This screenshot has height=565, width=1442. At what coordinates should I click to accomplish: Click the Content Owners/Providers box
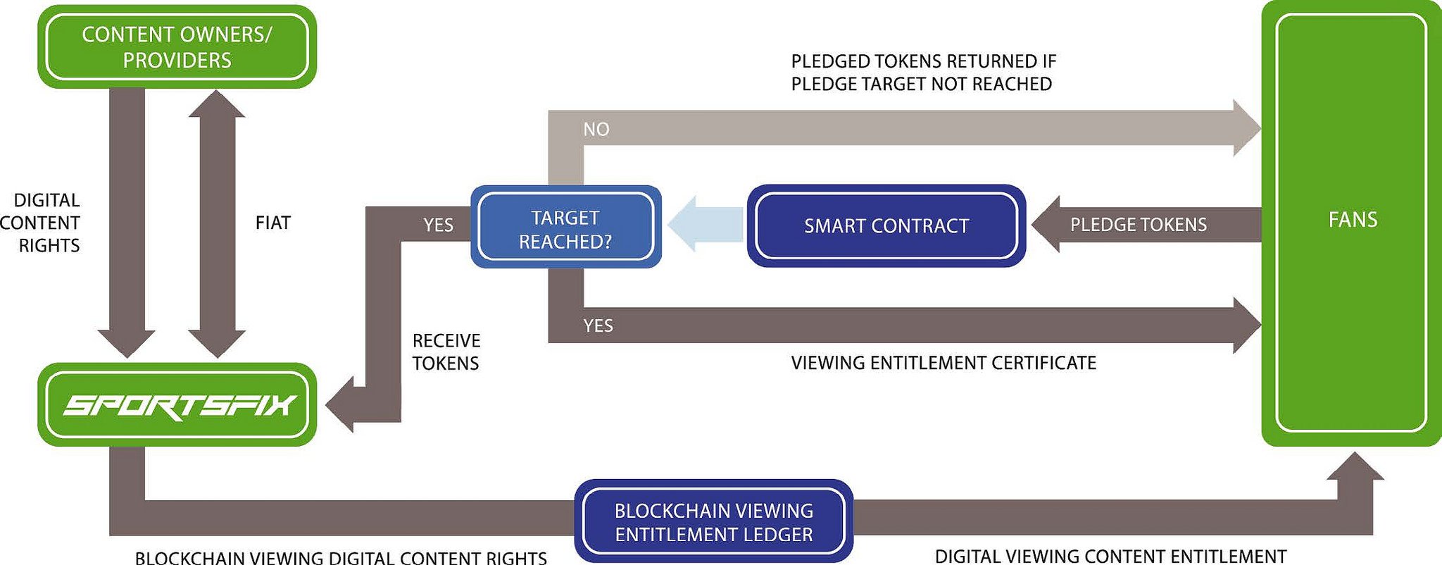point(177,46)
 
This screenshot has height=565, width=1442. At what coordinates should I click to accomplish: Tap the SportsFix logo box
point(177,404)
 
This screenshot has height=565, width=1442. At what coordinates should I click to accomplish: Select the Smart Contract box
point(886,226)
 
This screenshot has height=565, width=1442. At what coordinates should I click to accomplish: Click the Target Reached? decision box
point(565,229)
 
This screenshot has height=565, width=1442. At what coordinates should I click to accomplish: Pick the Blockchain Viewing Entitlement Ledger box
point(713,522)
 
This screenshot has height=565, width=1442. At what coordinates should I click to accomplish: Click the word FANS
point(1353,220)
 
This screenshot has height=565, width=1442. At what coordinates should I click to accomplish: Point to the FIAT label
point(272,223)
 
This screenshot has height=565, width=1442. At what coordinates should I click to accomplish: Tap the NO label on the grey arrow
point(596,130)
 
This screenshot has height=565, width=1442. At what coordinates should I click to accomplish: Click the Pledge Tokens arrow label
point(1138,225)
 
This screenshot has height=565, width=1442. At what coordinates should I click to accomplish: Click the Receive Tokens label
point(446,352)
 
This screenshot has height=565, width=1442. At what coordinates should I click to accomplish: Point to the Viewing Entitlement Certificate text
point(943,363)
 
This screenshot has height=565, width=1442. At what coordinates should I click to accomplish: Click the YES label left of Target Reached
point(438,225)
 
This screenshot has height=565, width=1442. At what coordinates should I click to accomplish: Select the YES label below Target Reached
point(598,325)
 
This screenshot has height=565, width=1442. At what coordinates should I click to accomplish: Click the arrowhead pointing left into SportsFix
point(339,404)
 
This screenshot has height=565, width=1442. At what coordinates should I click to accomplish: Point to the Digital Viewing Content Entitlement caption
point(1110,557)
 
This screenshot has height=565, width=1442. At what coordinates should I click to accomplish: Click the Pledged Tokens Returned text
point(923,73)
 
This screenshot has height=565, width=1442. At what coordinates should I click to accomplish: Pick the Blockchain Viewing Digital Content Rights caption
point(341,558)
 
